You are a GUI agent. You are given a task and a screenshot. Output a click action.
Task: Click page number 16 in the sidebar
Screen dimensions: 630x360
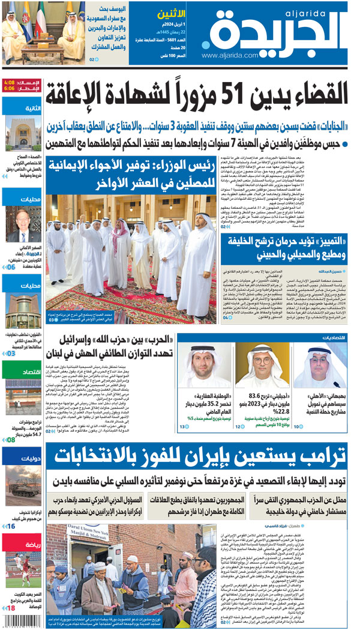coord(11,526)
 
